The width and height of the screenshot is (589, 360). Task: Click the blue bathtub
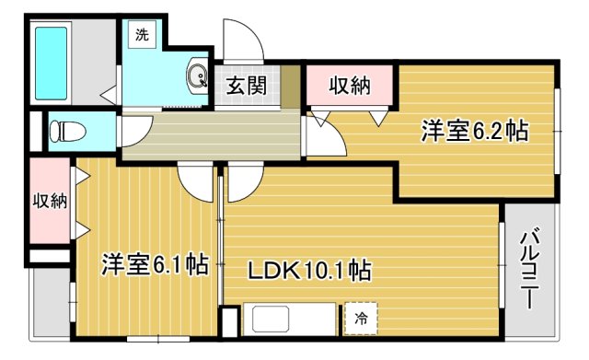click(x=52, y=64)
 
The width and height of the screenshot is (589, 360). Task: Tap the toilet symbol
click(x=67, y=131)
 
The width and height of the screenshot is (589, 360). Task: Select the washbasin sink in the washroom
click(x=197, y=76)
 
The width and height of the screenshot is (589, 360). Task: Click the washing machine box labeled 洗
click(x=142, y=35)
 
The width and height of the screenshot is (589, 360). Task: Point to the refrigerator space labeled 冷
click(x=361, y=319)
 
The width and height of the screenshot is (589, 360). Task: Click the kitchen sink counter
click(x=290, y=319)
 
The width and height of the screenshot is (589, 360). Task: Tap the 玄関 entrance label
click(x=247, y=86)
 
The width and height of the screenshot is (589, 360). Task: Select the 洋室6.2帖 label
click(x=475, y=131)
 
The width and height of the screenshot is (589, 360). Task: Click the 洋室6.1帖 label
click(x=155, y=265)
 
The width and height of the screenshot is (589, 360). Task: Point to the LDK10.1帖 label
click(x=309, y=270)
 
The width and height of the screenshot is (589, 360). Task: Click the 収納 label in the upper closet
click(x=350, y=86)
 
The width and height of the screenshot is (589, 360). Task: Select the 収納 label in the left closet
click(x=50, y=201)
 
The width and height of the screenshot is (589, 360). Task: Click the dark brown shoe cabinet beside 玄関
click(x=291, y=87)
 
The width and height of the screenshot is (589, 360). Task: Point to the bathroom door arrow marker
click(x=110, y=96)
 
